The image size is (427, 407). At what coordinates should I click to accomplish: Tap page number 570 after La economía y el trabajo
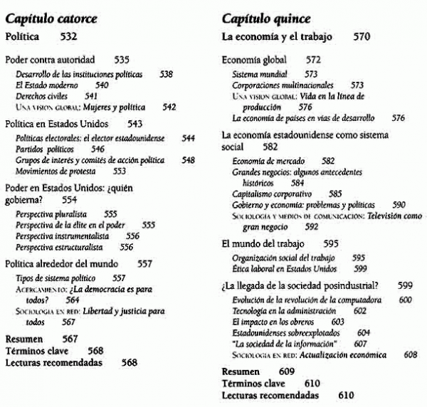(x=362, y=36)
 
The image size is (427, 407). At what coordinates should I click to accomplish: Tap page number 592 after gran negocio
(x=312, y=227)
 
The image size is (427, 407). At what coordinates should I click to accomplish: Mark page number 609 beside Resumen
(x=286, y=372)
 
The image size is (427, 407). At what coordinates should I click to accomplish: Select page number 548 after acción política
(x=188, y=160)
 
